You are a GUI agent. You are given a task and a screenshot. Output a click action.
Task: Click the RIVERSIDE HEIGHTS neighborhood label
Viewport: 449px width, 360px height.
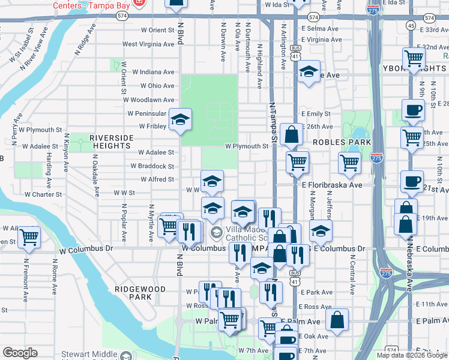click(x=111, y=142)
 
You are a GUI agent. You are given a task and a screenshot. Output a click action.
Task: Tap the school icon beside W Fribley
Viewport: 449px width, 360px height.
click(x=180, y=119)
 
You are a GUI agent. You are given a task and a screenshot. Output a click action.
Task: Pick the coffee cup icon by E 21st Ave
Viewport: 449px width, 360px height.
click(x=412, y=181)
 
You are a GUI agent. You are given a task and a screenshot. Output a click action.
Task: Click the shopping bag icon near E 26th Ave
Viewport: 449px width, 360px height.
click(x=291, y=135)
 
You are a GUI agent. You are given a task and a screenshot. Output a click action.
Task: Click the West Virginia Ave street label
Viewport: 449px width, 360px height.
click(x=148, y=44)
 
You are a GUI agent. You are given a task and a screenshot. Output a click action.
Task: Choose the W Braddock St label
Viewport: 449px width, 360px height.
click(x=157, y=166)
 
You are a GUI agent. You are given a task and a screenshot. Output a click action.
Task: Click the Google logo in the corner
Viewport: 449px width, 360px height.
click(x=20, y=353)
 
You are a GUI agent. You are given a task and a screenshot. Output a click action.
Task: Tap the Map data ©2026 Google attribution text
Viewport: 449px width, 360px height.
click(x=412, y=355)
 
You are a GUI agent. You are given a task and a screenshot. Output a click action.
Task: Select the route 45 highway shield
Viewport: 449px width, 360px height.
click(x=411, y=25)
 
